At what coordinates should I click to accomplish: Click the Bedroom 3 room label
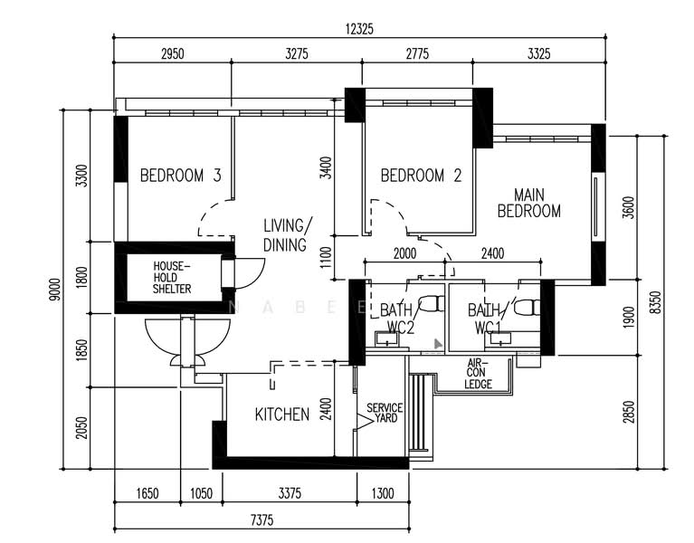[x=180, y=176]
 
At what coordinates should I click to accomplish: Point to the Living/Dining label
[x=288, y=234]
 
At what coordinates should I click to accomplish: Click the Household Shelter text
[x=171, y=277]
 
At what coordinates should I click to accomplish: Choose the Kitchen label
[x=281, y=414]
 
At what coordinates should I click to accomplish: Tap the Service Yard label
[x=384, y=414]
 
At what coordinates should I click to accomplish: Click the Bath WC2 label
[x=396, y=318]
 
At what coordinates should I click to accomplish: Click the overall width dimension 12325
[x=359, y=29]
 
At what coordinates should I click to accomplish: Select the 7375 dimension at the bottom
[x=260, y=519]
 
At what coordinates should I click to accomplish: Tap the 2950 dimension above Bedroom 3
[x=172, y=54]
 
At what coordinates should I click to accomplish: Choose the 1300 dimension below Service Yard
[x=383, y=493]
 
